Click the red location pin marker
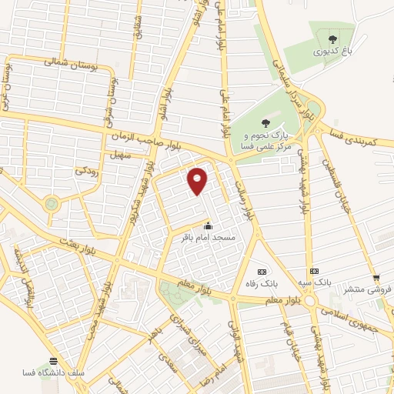(x=198, y=179)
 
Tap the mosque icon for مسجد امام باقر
(x=207, y=225)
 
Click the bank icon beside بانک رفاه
(x=262, y=272)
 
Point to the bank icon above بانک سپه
(x=314, y=272)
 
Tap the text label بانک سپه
(x=315, y=283)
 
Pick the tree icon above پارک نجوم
(x=266, y=122)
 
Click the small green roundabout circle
(x=52, y=204)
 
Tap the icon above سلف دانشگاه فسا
(x=53, y=361)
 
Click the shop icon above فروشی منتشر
(x=376, y=279)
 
